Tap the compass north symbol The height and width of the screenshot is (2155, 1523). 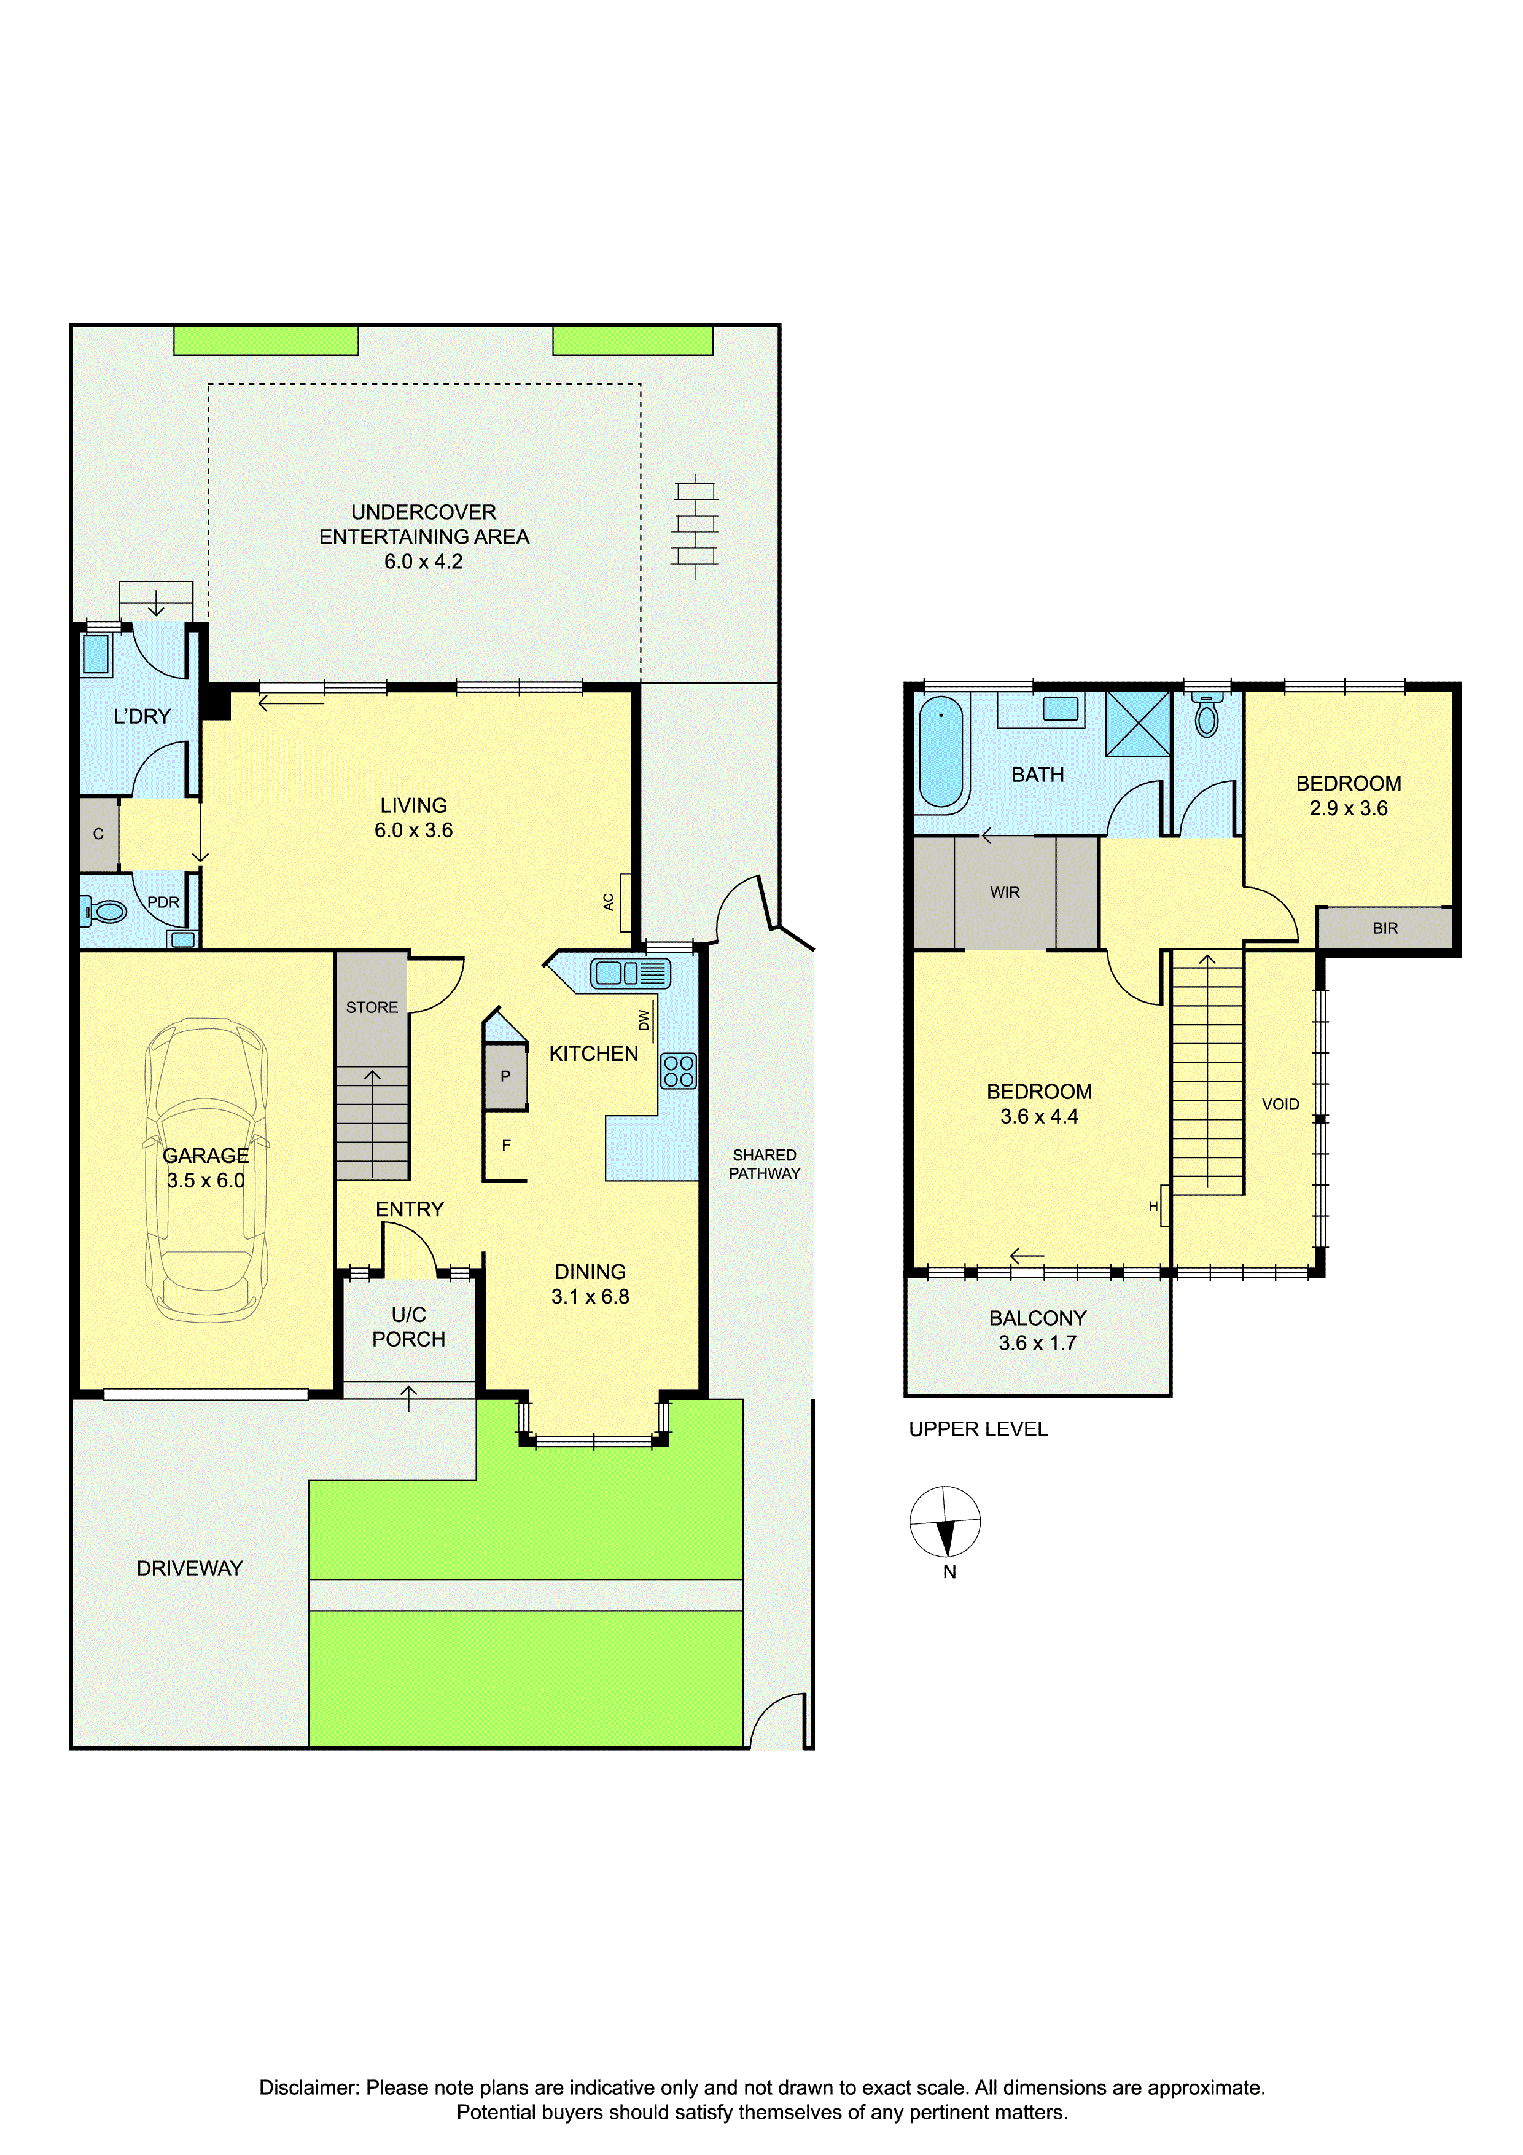click(945, 1522)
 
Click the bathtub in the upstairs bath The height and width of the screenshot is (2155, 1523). click(941, 752)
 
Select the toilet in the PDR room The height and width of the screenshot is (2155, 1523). click(104, 910)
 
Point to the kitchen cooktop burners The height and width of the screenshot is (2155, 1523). click(679, 1071)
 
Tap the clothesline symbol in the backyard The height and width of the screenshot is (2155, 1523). click(695, 526)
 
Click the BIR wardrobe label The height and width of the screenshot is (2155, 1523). click(1385, 928)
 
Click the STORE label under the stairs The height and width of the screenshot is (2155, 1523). click(372, 1007)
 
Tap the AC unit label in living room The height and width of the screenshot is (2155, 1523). click(608, 902)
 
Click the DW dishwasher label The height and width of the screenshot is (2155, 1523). click(644, 1020)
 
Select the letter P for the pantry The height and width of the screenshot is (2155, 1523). click(505, 1076)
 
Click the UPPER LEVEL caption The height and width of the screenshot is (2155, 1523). click(978, 1429)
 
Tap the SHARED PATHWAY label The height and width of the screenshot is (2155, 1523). click(765, 1164)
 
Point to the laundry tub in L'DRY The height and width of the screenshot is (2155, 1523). click(96, 654)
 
